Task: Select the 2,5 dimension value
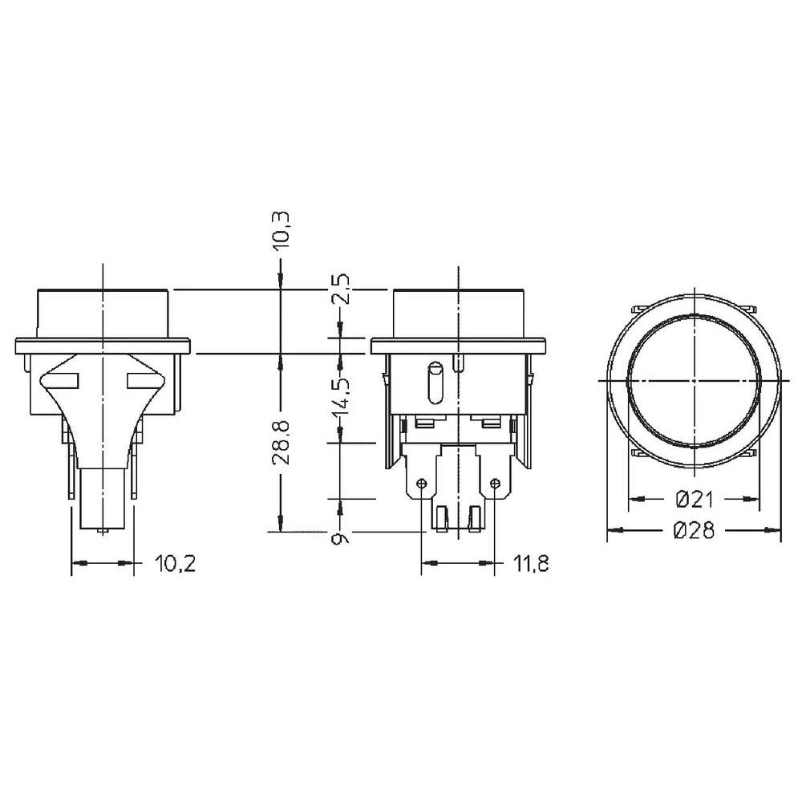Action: pos(341,290)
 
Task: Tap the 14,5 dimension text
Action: pos(341,391)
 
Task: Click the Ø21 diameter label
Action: pos(695,500)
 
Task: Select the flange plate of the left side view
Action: pos(103,346)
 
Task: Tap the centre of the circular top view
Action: pos(693,380)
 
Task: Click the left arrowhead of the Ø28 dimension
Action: pos(612,530)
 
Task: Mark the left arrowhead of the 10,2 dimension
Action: pos(77,565)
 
